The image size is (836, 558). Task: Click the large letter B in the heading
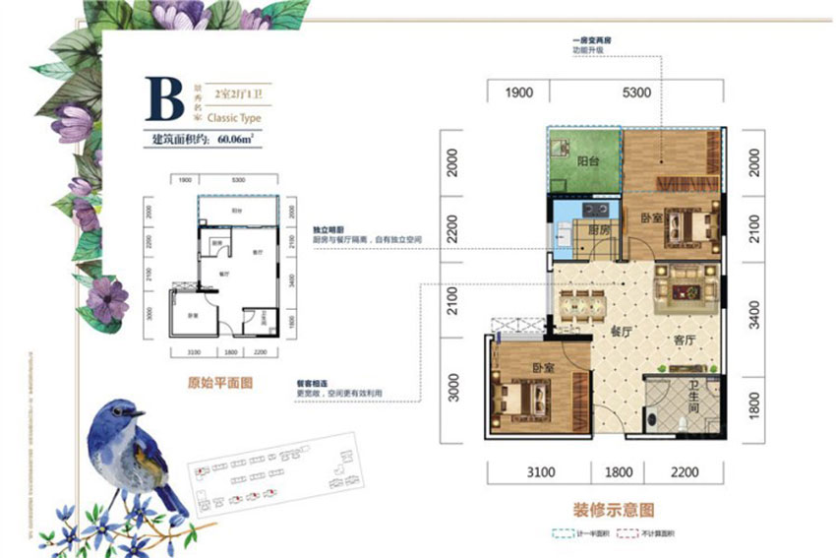[165, 97]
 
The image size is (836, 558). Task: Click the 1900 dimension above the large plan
[518, 93]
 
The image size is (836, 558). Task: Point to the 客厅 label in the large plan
[684, 340]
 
